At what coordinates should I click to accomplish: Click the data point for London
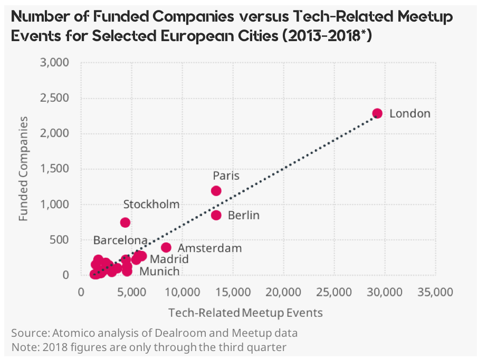click(377, 113)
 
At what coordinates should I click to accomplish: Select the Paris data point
click(216, 190)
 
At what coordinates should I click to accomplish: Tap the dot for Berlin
click(216, 215)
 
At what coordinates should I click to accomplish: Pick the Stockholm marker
click(125, 222)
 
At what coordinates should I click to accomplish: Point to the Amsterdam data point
click(166, 247)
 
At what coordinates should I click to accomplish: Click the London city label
click(410, 113)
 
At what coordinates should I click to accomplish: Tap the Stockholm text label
click(151, 205)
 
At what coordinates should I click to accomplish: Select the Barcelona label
click(120, 240)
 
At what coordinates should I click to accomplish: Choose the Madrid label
click(169, 259)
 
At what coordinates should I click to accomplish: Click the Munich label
click(159, 271)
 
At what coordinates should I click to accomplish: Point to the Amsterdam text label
click(209, 248)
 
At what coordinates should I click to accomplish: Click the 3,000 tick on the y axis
click(55, 63)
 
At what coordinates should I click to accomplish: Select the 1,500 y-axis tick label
click(55, 169)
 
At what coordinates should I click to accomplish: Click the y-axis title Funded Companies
click(23, 170)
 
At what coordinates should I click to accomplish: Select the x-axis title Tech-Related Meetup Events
click(245, 313)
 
